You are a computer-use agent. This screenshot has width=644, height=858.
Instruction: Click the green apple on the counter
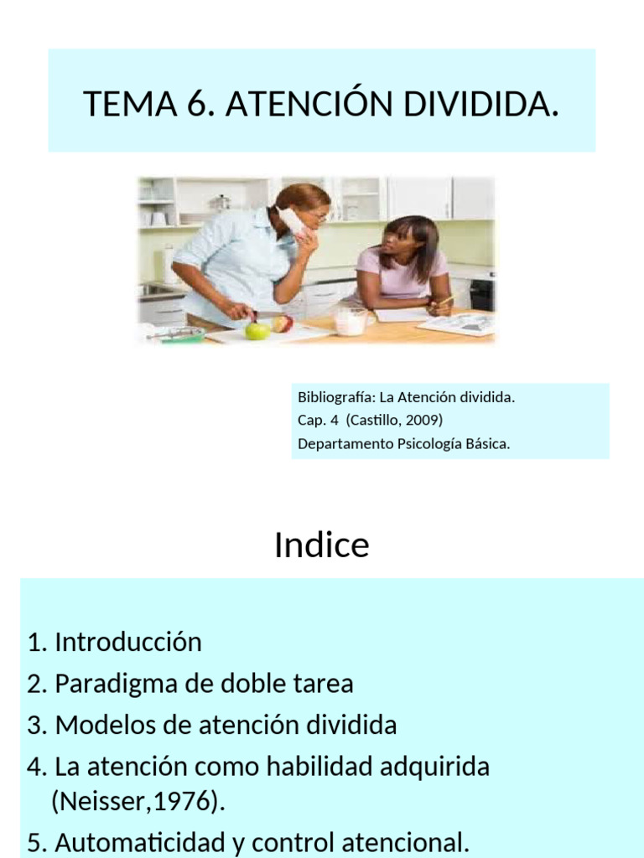click(257, 330)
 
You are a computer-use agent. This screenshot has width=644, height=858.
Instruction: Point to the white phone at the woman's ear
click(293, 221)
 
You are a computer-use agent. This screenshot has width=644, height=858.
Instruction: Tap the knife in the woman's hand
click(267, 314)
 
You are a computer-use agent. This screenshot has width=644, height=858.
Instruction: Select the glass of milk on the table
click(351, 321)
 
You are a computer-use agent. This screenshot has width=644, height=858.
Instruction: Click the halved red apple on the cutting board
click(283, 323)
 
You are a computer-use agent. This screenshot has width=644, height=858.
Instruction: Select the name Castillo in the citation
click(375, 421)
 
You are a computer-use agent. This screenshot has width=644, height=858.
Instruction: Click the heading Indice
click(321, 545)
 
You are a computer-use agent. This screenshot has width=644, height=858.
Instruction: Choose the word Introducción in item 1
click(128, 643)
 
